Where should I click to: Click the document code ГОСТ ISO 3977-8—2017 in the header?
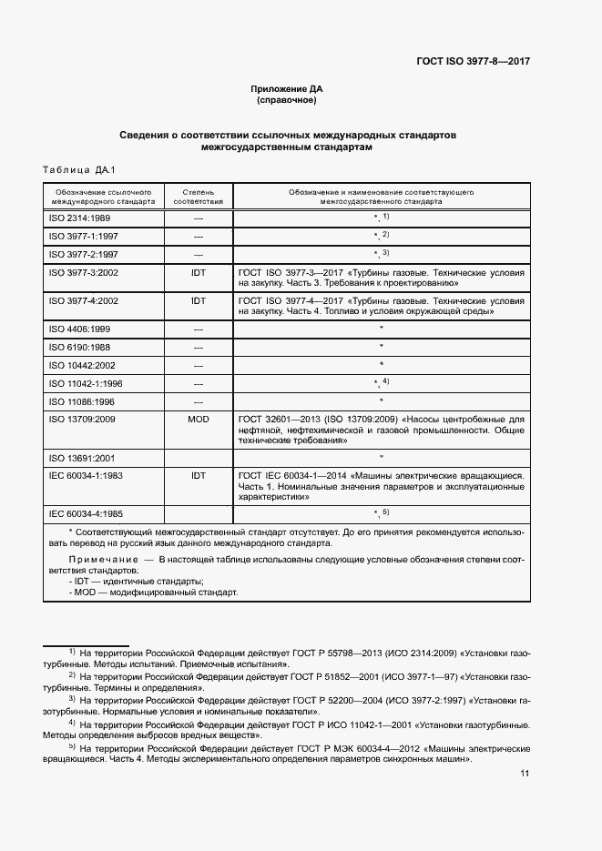473,62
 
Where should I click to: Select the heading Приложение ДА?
287,88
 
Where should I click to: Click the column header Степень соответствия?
198,198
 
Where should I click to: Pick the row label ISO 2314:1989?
79,218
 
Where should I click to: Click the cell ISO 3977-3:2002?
83,271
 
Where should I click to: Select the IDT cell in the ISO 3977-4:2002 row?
198,299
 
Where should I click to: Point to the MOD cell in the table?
198,419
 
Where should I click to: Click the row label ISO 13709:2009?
83,419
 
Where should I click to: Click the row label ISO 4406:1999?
79,328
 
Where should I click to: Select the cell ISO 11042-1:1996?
85,383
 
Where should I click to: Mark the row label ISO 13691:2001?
82,457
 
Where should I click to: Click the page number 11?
525,774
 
